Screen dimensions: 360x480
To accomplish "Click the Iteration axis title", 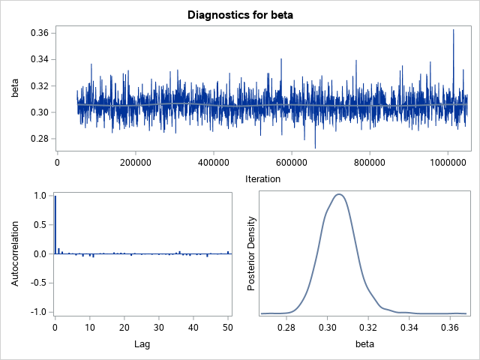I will coord(262,178).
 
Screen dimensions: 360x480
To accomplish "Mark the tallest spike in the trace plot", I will coord(453,31).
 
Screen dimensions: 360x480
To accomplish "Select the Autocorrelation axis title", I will coord(15,253).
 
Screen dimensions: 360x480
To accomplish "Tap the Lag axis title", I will coord(142,343).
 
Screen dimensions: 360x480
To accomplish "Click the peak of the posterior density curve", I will coord(339,194).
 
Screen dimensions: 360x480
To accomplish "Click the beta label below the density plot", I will coord(363,343).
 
